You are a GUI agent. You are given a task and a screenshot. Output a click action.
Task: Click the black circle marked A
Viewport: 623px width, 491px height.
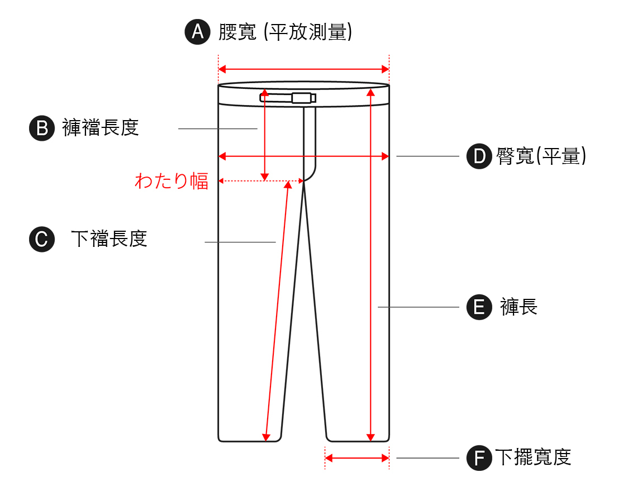point(197,32)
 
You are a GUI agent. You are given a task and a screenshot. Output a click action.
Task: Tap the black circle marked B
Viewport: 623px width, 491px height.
point(42,128)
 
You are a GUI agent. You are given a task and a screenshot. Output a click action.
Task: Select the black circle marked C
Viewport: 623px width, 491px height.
point(42,239)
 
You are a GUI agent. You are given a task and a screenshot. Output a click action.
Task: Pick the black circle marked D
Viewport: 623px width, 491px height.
point(479,156)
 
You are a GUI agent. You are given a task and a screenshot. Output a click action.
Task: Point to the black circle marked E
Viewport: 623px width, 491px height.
point(479,307)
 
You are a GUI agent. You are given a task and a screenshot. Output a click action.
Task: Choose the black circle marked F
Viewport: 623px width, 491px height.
point(479,458)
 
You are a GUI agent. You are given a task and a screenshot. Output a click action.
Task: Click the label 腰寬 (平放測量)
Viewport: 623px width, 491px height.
point(285,32)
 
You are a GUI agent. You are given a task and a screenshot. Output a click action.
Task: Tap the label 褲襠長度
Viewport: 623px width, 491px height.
point(101,128)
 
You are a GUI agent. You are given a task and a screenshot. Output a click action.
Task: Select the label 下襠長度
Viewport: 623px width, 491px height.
point(110,239)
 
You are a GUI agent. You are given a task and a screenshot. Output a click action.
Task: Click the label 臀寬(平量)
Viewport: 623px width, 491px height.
point(541,156)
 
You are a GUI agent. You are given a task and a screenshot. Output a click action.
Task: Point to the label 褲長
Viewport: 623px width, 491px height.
point(519,307)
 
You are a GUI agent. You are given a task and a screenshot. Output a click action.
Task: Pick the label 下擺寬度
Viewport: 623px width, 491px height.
point(533,457)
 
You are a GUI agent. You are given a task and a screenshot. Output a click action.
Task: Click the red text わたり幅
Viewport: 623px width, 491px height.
point(172,181)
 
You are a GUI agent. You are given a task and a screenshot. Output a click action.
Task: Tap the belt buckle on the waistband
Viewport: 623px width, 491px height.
point(301,98)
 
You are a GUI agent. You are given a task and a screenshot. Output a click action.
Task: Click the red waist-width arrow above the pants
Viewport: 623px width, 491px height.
point(303,69)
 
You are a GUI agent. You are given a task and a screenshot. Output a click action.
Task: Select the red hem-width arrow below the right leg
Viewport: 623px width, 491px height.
point(356,458)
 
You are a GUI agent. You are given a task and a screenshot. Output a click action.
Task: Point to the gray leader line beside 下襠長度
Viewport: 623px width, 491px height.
point(240,242)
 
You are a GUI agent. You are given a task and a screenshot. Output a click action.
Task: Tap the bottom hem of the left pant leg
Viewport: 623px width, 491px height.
point(249,441)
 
